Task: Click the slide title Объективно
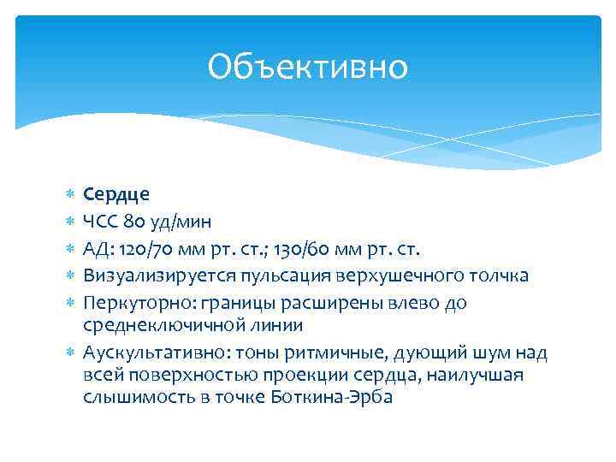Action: [308, 67]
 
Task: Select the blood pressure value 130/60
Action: [306, 248]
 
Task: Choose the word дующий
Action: [404, 353]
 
